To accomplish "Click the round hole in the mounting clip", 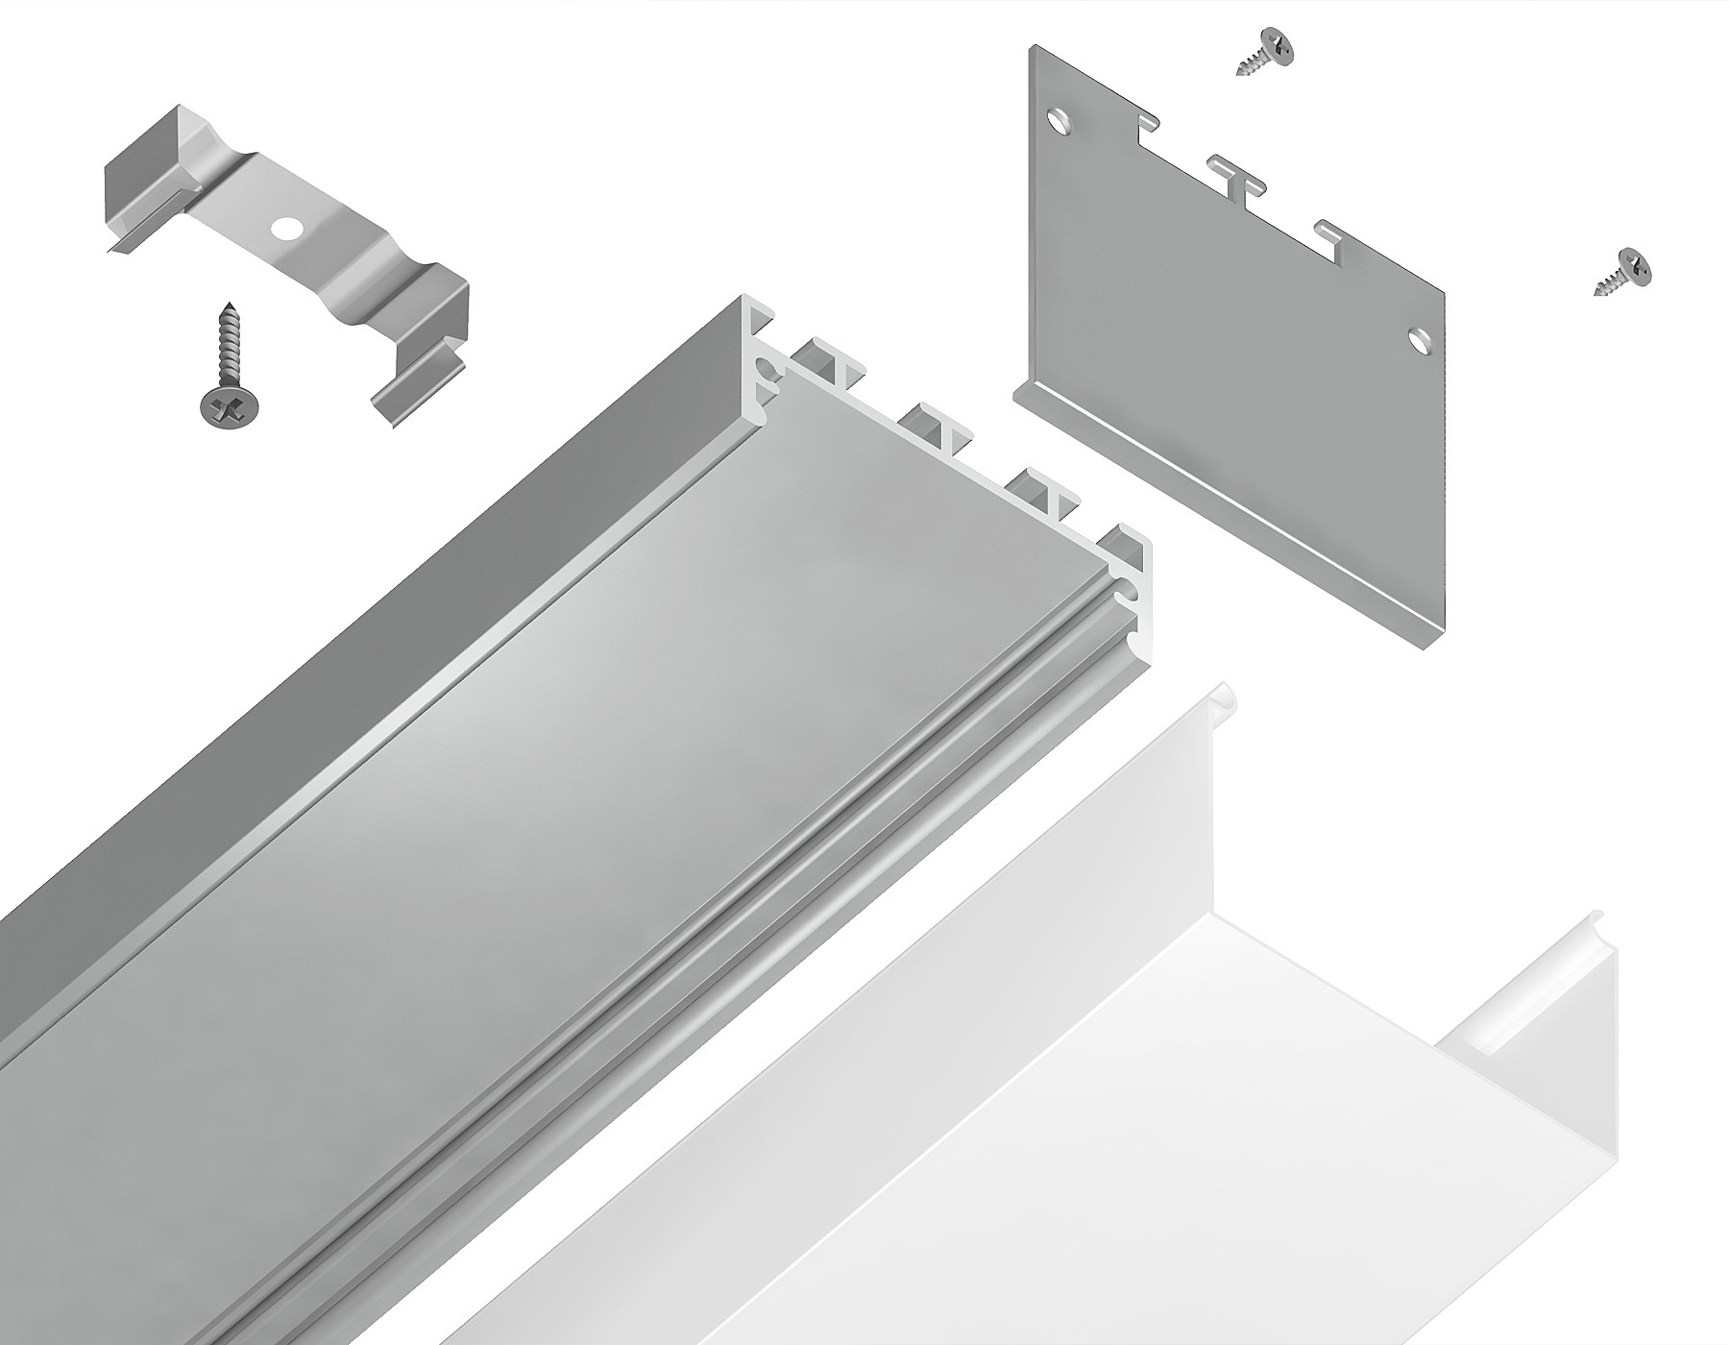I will (x=285, y=229).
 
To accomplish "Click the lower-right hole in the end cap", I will (x=1418, y=338).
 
